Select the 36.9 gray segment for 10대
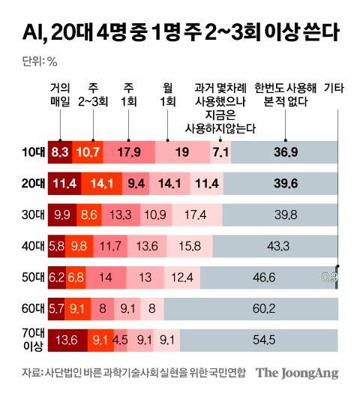click(286, 151)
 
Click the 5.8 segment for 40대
click(56, 245)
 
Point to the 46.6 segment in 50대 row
click(264, 277)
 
